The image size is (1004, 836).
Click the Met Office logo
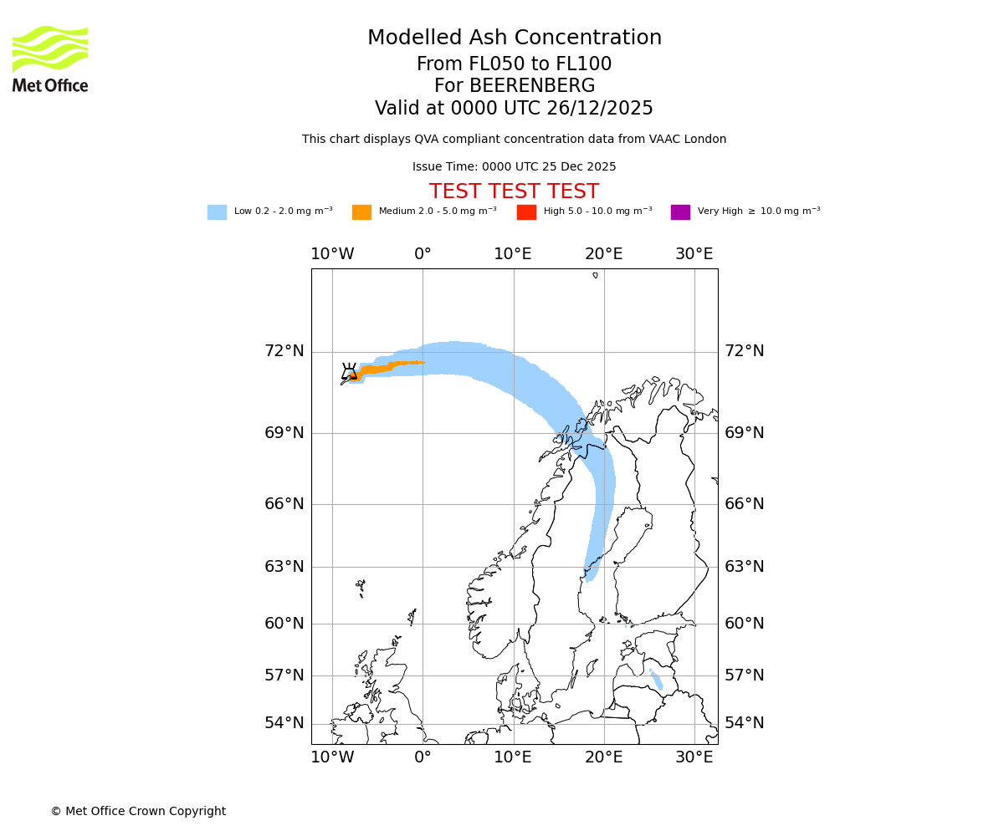[50, 59]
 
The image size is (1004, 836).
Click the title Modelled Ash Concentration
[514, 38]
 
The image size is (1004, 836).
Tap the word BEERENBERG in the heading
[515, 86]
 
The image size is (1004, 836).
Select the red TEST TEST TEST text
[514, 192]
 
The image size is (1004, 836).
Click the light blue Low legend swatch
[217, 212]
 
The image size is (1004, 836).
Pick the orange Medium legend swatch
[361, 212]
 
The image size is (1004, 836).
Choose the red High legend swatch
[526, 212]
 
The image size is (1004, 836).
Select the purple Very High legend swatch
[680, 212]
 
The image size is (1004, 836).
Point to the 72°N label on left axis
[284, 351]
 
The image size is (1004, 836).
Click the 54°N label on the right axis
[744, 723]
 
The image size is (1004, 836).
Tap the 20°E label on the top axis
[603, 254]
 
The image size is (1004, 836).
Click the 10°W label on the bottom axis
[332, 757]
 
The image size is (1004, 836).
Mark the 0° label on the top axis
[423, 254]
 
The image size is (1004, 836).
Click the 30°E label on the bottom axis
[694, 757]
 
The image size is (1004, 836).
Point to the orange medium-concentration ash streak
[389, 366]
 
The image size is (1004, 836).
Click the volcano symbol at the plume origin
[349, 372]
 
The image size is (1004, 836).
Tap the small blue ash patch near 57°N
[657, 679]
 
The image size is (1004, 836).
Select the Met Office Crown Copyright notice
[138, 812]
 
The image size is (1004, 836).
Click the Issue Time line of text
[514, 167]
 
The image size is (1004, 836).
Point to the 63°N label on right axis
[744, 567]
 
